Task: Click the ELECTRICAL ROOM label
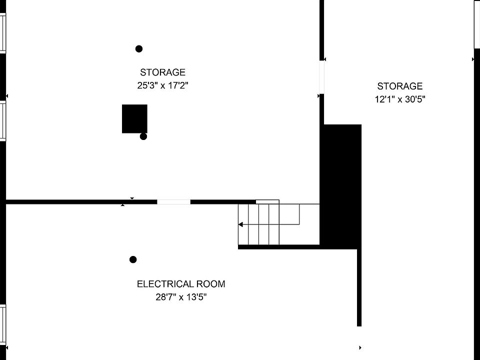[x=181, y=284]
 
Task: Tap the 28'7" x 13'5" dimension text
[x=181, y=297]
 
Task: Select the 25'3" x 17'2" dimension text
[x=162, y=85]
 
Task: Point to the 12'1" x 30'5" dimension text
[x=400, y=99]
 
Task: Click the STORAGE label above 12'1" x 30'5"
[x=399, y=86]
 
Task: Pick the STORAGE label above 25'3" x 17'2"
[x=162, y=72]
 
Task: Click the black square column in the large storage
[x=134, y=118]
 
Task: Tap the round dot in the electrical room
[x=133, y=259]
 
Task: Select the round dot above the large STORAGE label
[x=139, y=48]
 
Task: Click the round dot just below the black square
[x=143, y=136]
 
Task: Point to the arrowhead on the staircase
[x=240, y=224]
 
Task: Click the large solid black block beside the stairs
[x=340, y=185]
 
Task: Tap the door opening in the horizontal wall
[x=173, y=202]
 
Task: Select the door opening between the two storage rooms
[x=321, y=76]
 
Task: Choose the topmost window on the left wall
[x=2, y=32]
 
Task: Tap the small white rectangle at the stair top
[x=267, y=201]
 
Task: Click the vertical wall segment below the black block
[x=359, y=287]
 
